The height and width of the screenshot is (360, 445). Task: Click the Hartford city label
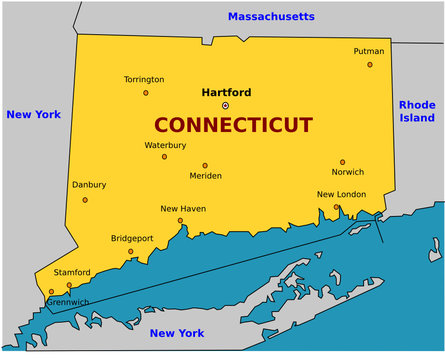point(226,92)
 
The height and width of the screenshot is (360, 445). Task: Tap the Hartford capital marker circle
point(225,105)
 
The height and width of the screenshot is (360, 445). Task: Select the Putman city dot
point(369,65)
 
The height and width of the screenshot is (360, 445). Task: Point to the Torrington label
point(144,79)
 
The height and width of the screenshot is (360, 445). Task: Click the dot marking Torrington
point(145,93)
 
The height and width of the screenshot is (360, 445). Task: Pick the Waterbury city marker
point(164,157)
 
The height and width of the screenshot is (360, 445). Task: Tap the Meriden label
point(205,176)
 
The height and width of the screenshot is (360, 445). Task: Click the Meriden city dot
point(205,166)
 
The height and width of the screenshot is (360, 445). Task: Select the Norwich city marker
point(342,162)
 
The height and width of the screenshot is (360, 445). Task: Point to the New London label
point(341,194)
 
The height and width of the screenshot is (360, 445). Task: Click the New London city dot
point(336,207)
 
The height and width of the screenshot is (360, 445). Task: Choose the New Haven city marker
point(180,220)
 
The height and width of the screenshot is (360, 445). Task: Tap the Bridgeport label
point(132,238)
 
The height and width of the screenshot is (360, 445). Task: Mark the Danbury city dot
point(84,200)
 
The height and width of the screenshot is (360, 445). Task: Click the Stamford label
point(72,272)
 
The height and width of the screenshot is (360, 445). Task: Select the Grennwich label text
point(68,301)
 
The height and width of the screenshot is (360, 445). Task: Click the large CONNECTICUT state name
point(233,125)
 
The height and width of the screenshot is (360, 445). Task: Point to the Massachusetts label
point(270,16)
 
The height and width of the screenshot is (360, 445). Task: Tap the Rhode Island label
point(417,111)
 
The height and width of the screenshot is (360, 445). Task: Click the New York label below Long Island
point(176,332)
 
